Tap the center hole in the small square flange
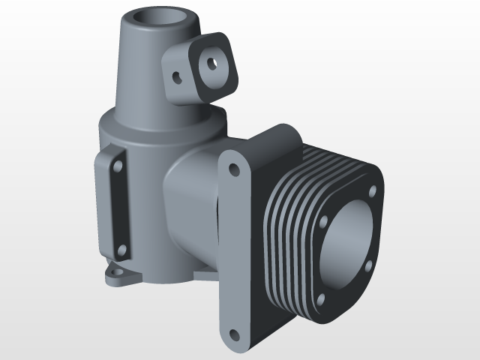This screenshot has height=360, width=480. (213, 63)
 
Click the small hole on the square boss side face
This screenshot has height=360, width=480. (177, 76)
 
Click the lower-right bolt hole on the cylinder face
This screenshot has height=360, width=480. (367, 266)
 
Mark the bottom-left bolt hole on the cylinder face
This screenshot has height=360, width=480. (320, 299)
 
